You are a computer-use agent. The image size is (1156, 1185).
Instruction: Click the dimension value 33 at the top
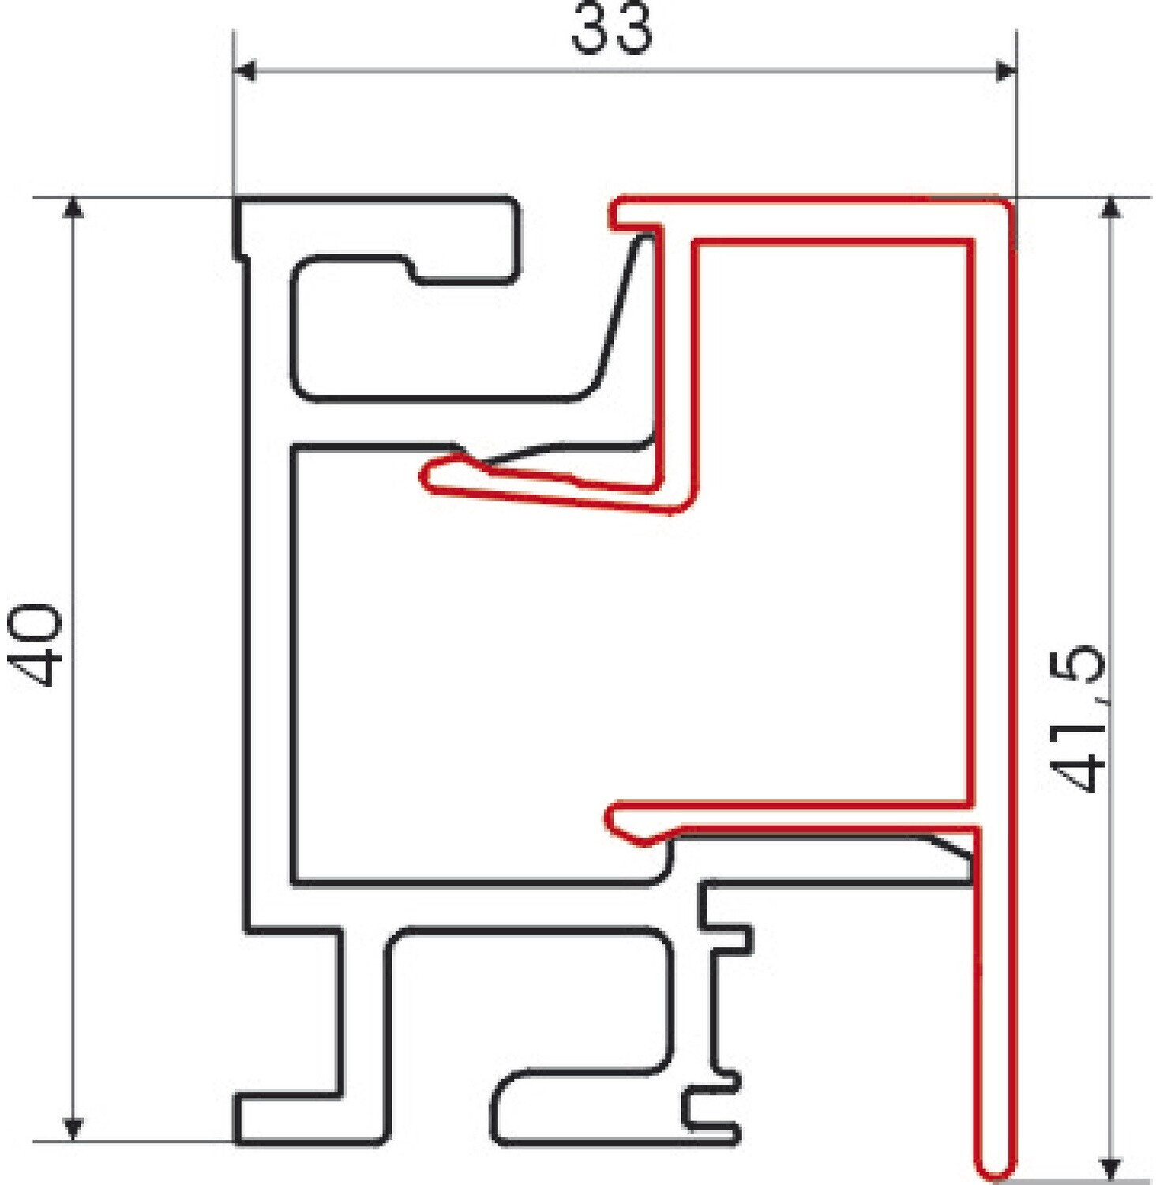tap(612, 28)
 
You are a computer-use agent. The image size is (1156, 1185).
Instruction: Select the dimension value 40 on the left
tap(35, 644)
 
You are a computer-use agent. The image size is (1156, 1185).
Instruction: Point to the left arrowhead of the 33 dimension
tap(245, 71)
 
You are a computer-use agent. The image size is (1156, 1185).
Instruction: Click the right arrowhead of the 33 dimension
tap(1004, 71)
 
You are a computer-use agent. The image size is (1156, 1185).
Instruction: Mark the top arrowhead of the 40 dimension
tap(73, 207)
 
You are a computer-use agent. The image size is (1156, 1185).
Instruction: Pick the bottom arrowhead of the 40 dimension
tap(73, 1130)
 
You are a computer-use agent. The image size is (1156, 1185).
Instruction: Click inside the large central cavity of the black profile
tap(474, 671)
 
